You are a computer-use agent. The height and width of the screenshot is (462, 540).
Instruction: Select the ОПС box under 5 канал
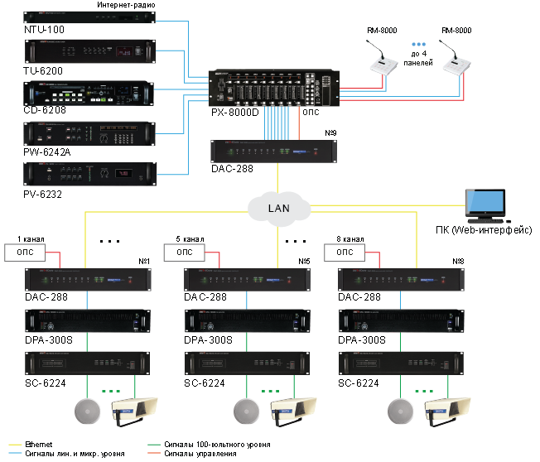click(x=189, y=252)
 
